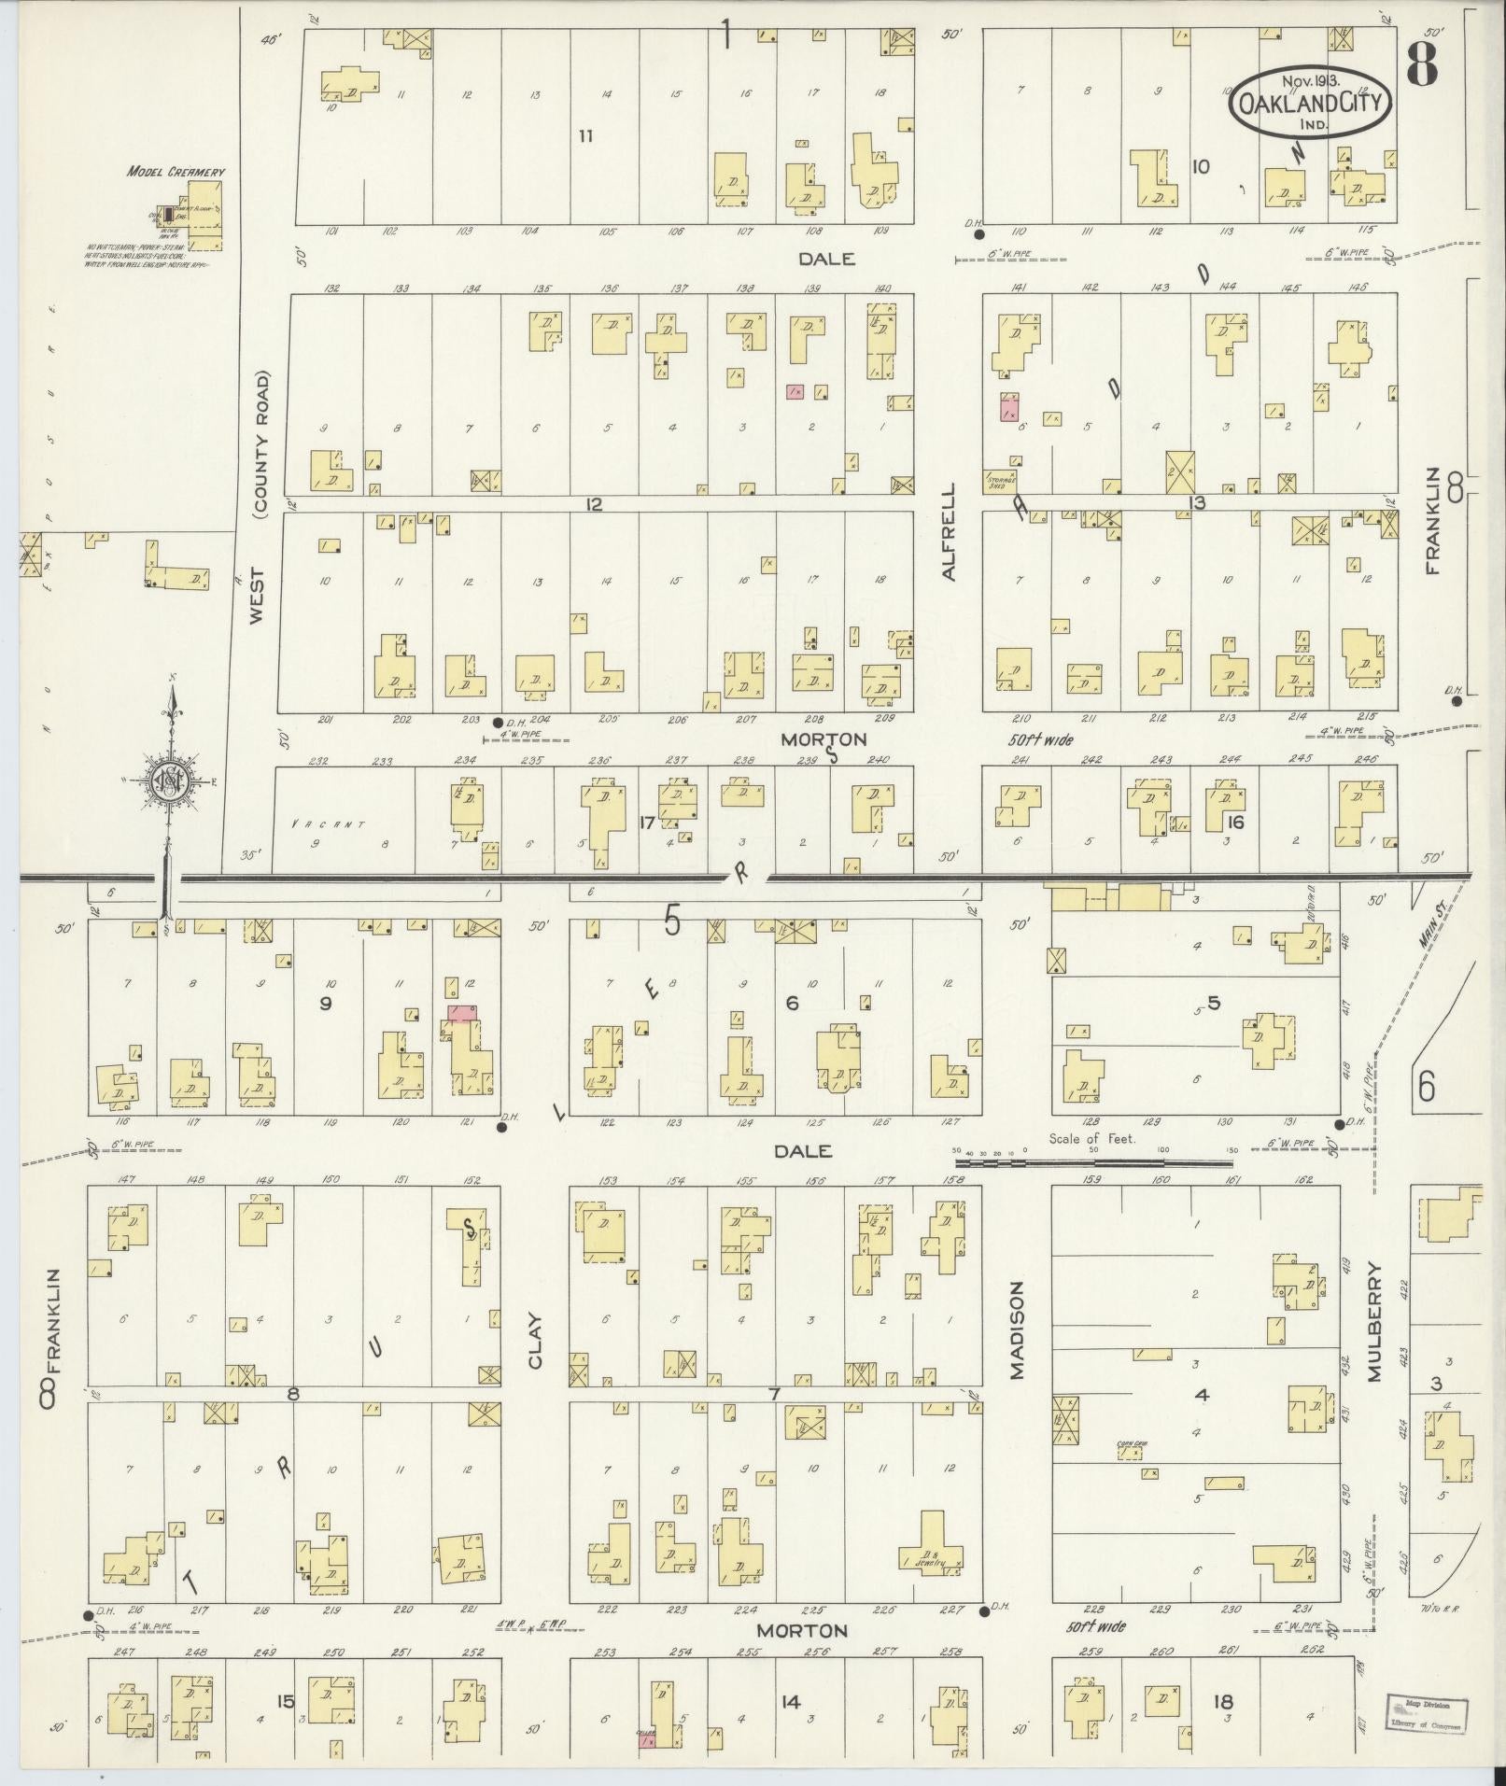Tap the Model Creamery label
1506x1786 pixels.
pos(176,172)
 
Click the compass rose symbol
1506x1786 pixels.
pos(171,780)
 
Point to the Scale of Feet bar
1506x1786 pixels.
pos(1092,1163)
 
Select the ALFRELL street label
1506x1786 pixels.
pos(950,531)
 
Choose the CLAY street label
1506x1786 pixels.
pos(535,1343)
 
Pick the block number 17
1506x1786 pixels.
pos(646,823)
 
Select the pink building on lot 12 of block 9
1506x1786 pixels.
pos(460,1013)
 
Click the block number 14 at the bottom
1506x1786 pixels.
pos(791,1701)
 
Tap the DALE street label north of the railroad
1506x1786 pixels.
pos(827,259)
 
